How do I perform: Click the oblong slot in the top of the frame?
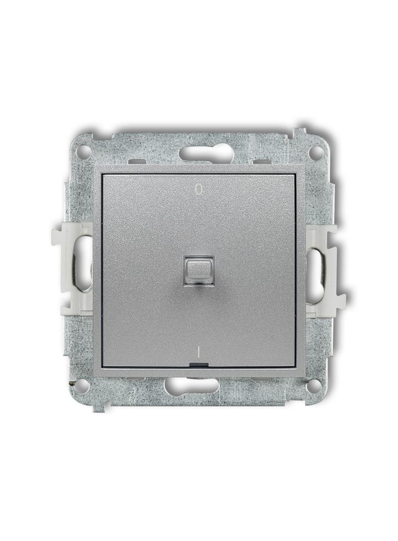click(x=200, y=152)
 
